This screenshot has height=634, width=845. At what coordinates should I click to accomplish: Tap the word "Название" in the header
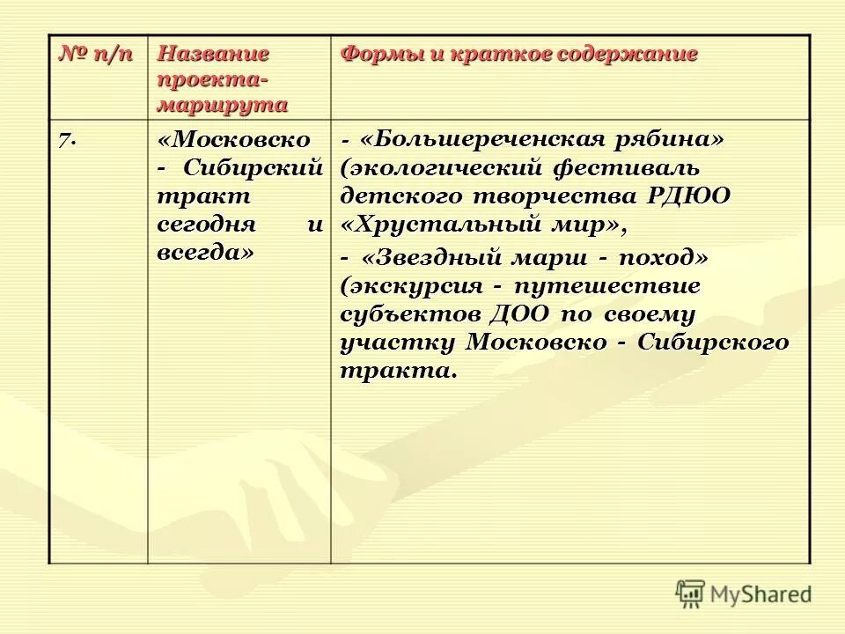click(x=213, y=54)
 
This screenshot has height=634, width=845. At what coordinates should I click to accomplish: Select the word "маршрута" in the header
click(x=223, y=105)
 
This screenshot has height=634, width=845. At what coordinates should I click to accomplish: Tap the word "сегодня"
click(x=206, y=224)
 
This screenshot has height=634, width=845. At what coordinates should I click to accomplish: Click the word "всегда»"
click(x=204, y=252)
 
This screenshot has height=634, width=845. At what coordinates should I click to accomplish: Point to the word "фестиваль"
click(x=626, y=167)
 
